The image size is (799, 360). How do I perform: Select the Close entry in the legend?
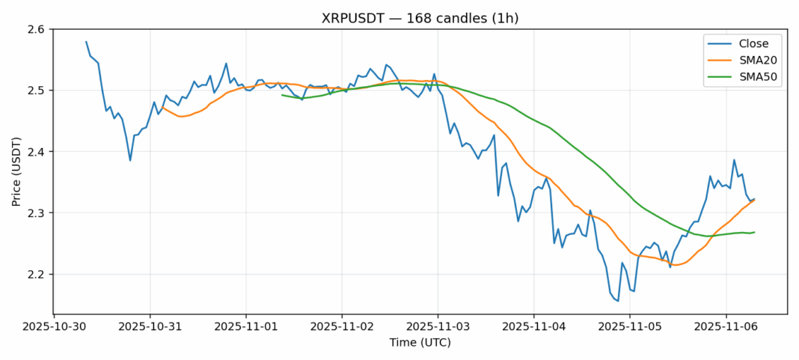754,43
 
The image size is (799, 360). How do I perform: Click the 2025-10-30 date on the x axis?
54,326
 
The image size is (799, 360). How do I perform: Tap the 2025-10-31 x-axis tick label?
150,326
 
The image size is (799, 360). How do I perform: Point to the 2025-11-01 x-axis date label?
245,326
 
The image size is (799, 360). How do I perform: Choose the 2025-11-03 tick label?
438,326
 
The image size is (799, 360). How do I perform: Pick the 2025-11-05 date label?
629,326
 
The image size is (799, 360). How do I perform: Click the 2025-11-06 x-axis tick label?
726,326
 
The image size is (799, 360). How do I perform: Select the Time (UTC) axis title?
420,343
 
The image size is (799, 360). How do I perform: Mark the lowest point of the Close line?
617,301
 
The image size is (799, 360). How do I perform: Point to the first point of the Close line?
86,42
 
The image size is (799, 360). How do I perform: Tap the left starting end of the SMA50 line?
282,94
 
